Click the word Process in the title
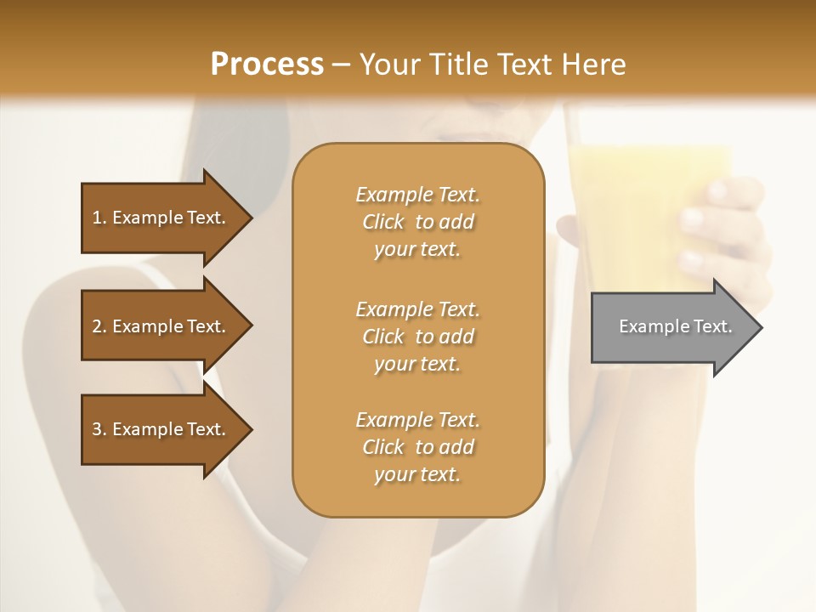(267, 65)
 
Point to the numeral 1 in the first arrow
(97, 218)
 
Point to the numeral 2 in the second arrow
(97, 326)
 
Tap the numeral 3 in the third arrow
(97, 429)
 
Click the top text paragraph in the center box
(417, 222)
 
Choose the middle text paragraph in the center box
(417, 337)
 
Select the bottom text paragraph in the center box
(417, 447)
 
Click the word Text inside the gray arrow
(713, 326)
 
